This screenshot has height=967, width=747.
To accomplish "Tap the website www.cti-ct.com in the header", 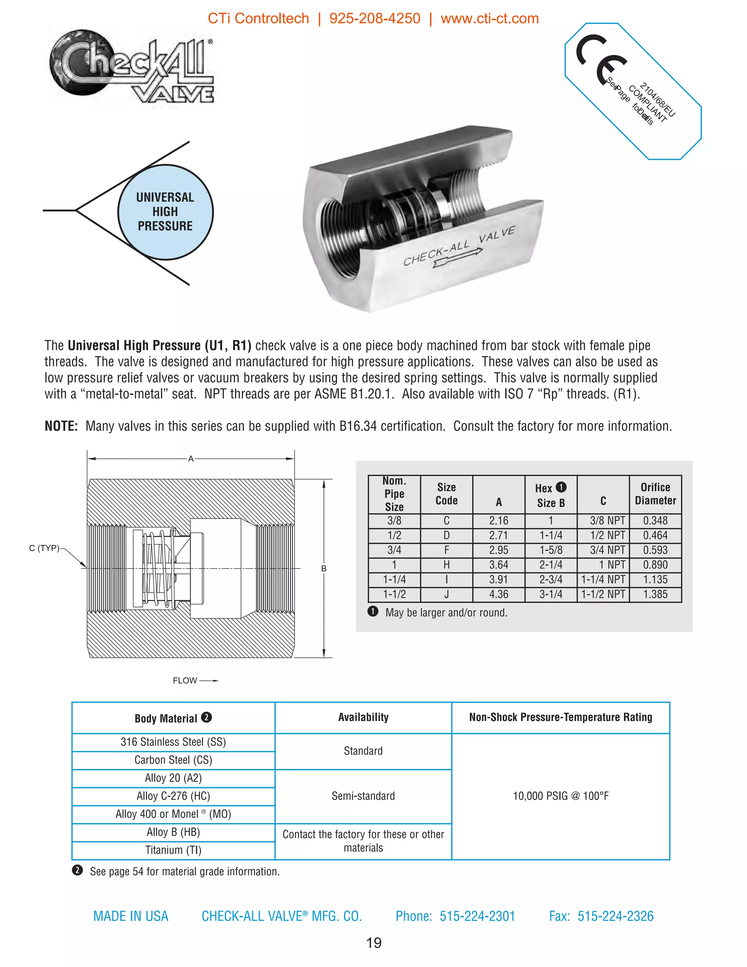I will click(489, 19).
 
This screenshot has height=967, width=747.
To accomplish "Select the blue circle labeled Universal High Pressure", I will click(165, 212).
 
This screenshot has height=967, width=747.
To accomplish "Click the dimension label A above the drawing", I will click(191, 459).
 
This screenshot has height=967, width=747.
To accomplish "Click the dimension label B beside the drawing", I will click(324, 568).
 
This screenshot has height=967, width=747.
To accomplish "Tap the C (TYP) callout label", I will click(44, 548).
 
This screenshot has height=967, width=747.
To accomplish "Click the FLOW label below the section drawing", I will click(185, 681).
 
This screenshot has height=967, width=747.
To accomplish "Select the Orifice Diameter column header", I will click(655, 494).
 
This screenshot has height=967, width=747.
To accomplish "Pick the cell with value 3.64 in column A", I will click(498, 565).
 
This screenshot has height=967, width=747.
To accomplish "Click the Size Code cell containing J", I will click(446, 594).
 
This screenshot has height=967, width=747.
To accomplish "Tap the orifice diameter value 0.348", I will click(655, 521).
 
